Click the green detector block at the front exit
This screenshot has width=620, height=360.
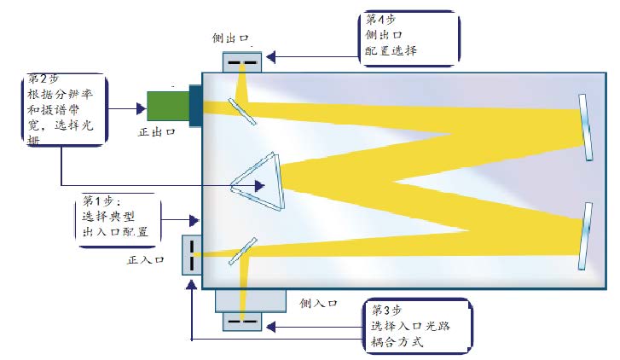(x=167, y=105)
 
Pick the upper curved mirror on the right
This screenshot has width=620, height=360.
(x=586, y=126)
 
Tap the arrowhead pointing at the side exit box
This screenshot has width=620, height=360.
(x=270, y=58)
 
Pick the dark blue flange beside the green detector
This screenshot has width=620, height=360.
(x=195, y=106)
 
